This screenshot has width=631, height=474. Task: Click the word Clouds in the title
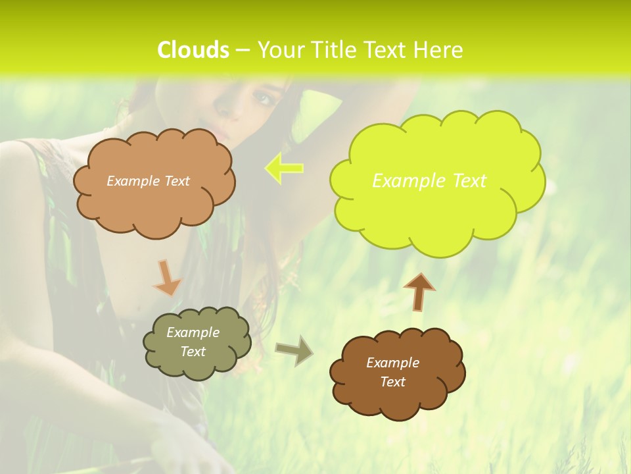point(194,50)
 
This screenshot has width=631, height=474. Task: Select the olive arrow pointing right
point(294,350)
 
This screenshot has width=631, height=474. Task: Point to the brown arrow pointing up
point(419,291)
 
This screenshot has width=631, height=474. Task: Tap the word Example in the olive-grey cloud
point(193,332)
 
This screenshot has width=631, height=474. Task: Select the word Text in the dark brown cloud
point(393,382)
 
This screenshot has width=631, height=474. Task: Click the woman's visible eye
point(264,99)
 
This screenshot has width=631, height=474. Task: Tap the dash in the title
point(243,50)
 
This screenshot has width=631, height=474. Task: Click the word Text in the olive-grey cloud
point(193,352)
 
